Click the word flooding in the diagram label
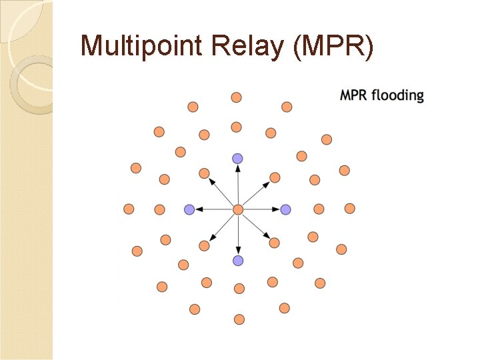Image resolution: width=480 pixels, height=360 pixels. (397, 95)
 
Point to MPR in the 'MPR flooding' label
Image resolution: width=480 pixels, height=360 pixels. (354, 95)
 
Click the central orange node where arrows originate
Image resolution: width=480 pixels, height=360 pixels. (238, 209)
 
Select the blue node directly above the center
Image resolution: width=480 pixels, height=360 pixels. (237, 158)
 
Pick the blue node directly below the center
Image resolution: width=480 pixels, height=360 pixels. (238, 260)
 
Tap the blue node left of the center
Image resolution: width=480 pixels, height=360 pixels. (189, 209)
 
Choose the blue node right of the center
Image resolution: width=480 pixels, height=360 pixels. (286, 209)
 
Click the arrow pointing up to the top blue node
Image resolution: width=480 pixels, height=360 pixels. (238, 183)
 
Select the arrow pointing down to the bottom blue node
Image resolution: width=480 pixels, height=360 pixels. (238, 235)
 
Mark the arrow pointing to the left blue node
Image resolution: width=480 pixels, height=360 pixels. (213, 209)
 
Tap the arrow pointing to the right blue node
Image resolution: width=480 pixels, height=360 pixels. (262, 209)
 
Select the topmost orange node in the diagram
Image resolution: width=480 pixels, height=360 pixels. (236, 97)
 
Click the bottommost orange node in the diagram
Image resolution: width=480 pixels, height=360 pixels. (239, 319)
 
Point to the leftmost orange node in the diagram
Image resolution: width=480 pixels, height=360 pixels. (129, 209)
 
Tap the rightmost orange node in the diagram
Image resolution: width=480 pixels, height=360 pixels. (350, 209)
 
